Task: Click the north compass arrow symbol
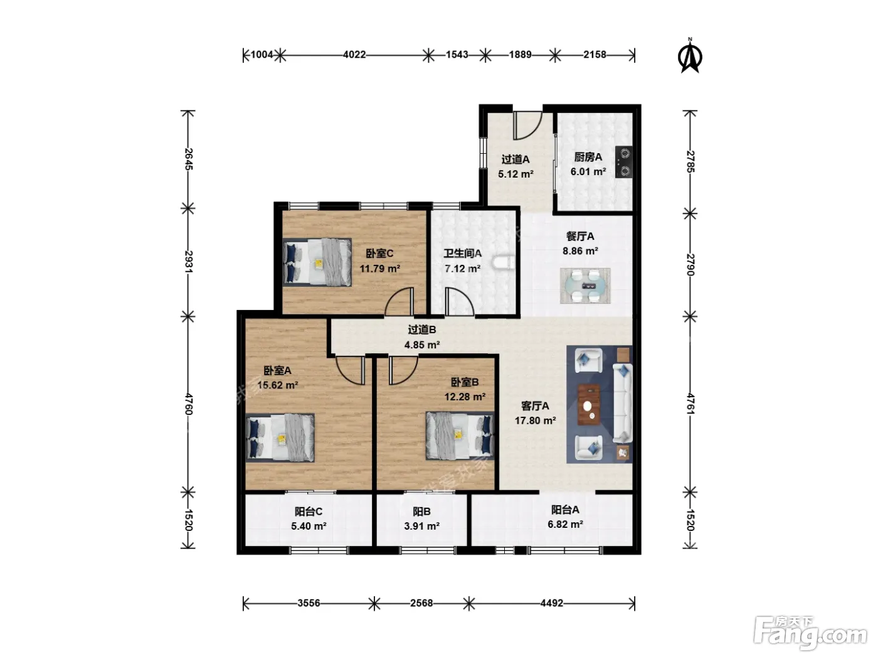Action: tap(689, 56)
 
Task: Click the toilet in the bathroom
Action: tap(503, 262)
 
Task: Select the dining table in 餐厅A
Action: tap(584, 286)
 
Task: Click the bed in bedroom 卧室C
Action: tap(317, 262)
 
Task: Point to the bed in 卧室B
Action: tap(460, 436)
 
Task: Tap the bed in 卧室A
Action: tap(280, 437)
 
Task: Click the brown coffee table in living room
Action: tap(588, 405)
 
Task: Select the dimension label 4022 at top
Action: tap(354, 55)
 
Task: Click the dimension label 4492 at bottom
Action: tap(552, 603)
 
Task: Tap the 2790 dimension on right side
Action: tap(690, 264)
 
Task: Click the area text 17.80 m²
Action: tap(535, 421)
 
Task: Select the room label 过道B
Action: tap(422, 329)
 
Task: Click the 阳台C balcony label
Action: tap(309, 512)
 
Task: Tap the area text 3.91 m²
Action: tap(421, 526)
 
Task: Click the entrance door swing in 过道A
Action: tap(527, 125)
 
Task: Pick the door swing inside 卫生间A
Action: tap(459, 301)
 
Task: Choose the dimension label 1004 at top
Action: tap(262, 55)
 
